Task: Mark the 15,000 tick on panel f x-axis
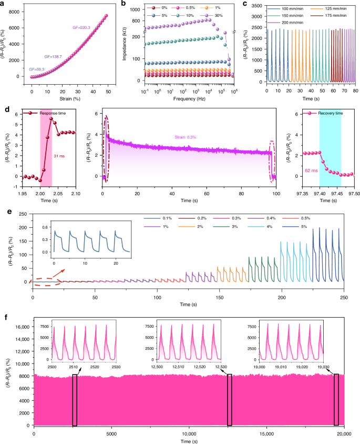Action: pos(266,435)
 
